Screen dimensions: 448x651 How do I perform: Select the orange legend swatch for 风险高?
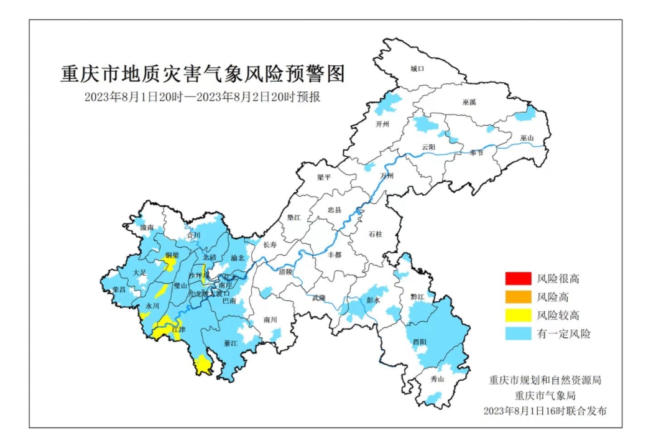click(518, 297)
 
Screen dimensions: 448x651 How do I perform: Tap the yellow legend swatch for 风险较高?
click(518, 315)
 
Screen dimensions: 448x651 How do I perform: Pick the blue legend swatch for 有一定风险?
click(518, 334)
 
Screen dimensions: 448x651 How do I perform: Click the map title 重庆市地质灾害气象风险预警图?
click(202, 74)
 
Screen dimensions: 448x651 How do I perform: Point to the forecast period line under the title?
click(202, 98)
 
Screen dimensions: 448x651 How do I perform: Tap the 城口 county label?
click(417, 68)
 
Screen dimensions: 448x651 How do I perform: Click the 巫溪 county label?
click(469, 101)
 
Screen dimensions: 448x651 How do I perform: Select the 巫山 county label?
click(527, 138)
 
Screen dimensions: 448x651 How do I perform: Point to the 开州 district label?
click(382, 124)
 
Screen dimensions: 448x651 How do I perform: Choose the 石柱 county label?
click(376, 235)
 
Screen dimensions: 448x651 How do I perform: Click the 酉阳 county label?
click(419, 342)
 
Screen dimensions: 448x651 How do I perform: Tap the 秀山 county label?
click(437, 379)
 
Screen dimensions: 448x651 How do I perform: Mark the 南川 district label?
click(270, 320)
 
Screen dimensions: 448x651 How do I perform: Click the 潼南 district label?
click(147, 228)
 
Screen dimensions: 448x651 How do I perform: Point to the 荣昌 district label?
click(119, 290)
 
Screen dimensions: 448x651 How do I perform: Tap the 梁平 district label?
click(324, 177)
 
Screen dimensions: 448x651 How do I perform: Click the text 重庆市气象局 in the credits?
click(545, 395)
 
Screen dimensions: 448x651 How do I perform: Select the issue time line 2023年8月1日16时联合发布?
click(545, 411)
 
